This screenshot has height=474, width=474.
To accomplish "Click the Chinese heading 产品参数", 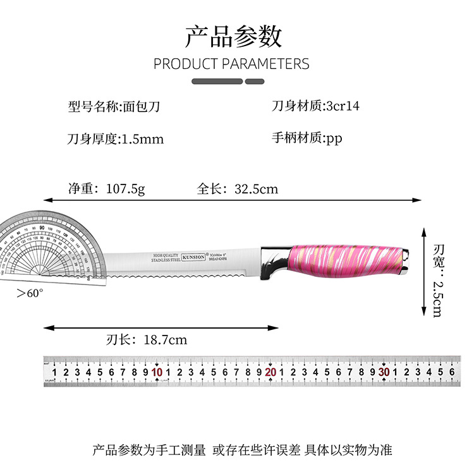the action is pos(233,37).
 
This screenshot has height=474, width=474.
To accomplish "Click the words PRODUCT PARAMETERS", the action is pos(231,64).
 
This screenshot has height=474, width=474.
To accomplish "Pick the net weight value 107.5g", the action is pos(125,188).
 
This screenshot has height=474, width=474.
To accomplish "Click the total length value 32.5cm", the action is pos(256,188).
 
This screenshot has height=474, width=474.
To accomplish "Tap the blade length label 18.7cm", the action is pos(166,340).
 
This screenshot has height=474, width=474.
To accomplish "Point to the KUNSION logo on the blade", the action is pos(193,257).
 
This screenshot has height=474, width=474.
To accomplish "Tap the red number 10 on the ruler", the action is pos(157,373).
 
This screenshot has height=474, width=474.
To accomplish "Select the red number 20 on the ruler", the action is pos(270,373).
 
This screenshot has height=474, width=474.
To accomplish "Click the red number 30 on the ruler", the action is pos(384,373).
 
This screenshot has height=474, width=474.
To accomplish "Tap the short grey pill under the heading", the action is pos(254,81).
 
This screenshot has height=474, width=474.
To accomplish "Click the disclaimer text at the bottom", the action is pos(242,450).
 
